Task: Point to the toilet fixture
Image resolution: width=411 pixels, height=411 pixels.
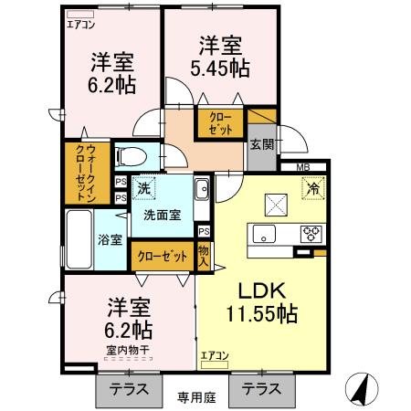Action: coord(136,155)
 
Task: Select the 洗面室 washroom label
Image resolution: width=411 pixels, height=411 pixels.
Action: coord(162,215)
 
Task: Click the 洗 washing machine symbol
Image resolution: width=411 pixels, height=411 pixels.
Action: coord(143,189)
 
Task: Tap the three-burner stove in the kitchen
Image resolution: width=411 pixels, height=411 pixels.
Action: coord(312,231)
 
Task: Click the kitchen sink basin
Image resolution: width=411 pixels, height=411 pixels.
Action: coord(267,231)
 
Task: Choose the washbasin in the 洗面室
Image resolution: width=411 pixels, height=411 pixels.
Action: coord(202,191)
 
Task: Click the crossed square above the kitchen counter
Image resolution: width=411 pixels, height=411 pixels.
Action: coord(275,203)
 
